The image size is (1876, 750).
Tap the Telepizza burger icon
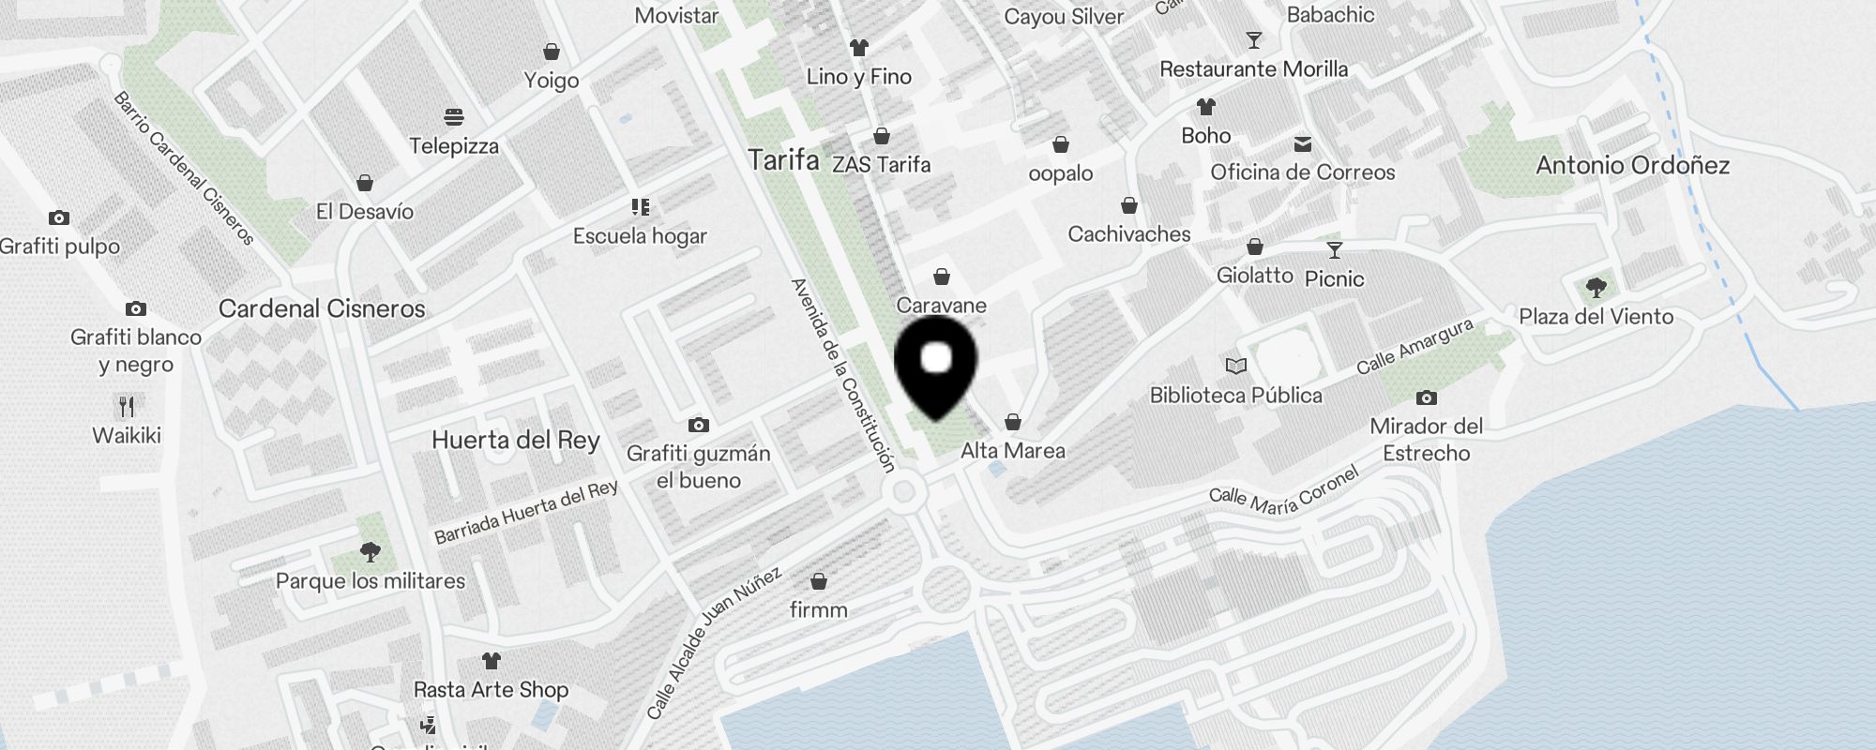[454, 117]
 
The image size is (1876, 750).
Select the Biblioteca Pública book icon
[1236, 366]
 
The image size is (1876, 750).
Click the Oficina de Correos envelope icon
[1303, 143]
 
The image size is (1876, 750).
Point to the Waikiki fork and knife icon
[127, 406]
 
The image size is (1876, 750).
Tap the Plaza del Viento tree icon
[1596, 287]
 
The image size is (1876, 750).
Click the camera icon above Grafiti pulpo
[59, 217]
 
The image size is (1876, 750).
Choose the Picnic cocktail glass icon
[1335, 249]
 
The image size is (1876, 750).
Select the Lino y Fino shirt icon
[858, 47]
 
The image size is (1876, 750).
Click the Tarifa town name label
[783, 160]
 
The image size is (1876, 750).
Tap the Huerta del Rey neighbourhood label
[515, 441]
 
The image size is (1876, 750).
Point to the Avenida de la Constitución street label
[843, 374]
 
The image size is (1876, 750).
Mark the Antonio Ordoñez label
[1632, 166]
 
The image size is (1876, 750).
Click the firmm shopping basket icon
[819, 581]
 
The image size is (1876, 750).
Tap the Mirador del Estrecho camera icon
[1426, 397]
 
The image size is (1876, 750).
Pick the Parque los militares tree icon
[371, 551]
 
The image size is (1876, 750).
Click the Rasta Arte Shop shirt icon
[491, 660]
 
